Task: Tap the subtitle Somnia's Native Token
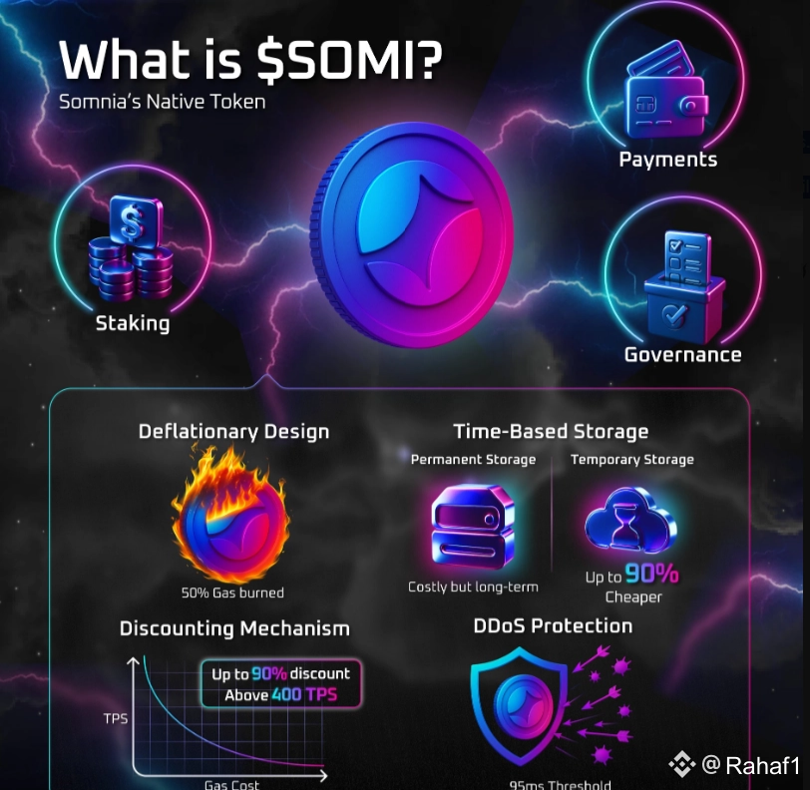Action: (162, 102)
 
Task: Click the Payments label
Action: (667, 160)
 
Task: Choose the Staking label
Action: (133, 323)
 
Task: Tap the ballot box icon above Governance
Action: (682, 284)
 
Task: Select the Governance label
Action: (682, 355)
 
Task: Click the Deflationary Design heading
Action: (233, 432)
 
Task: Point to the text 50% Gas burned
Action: (232, 592)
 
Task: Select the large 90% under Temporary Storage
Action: (652, 575)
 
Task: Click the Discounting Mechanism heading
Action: (234, 628)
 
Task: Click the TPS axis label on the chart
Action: (116, 718)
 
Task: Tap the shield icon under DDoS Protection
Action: (519, 708)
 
